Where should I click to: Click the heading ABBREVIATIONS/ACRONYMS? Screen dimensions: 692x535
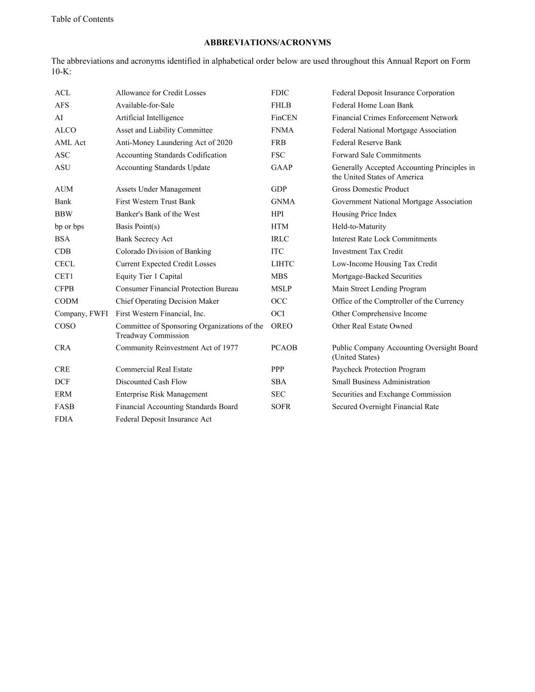point(267,43)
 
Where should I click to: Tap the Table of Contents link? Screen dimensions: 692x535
point(82,19)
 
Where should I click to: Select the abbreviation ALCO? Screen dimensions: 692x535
point(65,130)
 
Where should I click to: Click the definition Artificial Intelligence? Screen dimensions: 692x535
point(150,118)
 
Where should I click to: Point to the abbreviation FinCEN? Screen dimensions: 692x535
point(284,118)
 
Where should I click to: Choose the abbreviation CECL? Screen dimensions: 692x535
point(64,264)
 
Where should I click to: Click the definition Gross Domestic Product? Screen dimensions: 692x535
point(370,189)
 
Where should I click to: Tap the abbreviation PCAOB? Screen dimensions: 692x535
point(284,348)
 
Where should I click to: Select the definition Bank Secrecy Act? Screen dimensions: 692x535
point(144,239)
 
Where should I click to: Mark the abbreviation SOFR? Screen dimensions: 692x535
point(280,407)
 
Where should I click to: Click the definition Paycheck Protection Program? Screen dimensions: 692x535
point(379,370)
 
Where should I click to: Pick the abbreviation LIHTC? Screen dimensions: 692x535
point(282,264)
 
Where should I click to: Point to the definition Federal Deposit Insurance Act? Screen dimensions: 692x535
point(163,419)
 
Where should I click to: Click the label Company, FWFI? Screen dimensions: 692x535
point(81,314)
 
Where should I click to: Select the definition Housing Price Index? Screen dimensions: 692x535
point(364,214)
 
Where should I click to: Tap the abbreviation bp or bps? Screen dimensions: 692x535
point(69,227)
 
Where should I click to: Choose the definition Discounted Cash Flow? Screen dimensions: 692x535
point(151,382)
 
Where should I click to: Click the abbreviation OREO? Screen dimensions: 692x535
point(281,326)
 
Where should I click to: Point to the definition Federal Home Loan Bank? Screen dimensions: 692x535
point(373,105)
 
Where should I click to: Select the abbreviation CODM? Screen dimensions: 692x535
point(66,301)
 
